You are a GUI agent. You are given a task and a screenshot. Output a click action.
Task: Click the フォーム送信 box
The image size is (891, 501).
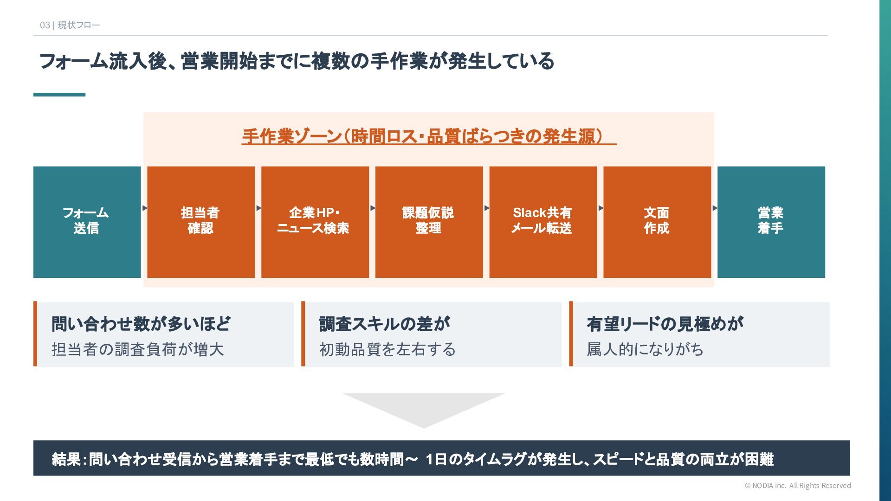[x=87, y=222]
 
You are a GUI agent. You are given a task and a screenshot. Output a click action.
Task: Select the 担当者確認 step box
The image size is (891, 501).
[x=201, y=222]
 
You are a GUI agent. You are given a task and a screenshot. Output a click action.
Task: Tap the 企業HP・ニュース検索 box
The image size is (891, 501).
[x=315, y=222]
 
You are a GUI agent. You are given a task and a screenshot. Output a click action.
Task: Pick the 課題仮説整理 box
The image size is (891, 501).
[x=429, y=222]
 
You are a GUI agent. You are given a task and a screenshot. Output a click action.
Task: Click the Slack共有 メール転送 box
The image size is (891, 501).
[x=543, y=222]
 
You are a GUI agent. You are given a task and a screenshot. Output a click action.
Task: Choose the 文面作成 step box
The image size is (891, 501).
[x=657, y=222]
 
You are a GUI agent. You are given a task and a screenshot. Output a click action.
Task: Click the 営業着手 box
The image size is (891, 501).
[x=771, y=222]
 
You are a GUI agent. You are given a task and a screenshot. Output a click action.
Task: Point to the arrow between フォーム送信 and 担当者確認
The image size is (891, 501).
[x=144, y=208]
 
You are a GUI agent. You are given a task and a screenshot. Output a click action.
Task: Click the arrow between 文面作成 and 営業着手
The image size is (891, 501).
[x=715, y=208]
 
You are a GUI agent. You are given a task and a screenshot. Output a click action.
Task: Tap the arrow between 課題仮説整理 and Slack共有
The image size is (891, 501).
[x=486, y=208]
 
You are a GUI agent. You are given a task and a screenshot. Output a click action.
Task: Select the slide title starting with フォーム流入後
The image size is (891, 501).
[x=297, y=61]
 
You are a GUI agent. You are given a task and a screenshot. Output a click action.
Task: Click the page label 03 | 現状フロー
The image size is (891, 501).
[x=70, y=25]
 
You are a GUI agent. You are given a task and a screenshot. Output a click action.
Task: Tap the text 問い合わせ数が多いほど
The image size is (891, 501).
[x=141, y=324]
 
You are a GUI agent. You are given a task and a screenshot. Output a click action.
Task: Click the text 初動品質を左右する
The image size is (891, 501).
[x=387, y=349]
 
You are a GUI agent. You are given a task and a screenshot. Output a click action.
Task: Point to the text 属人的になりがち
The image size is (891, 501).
[x=645, y=349]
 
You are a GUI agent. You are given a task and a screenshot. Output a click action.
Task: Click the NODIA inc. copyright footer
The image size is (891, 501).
[x=798, y=485]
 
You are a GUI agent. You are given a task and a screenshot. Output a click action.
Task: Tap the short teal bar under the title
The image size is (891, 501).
[x=59, y=95]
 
